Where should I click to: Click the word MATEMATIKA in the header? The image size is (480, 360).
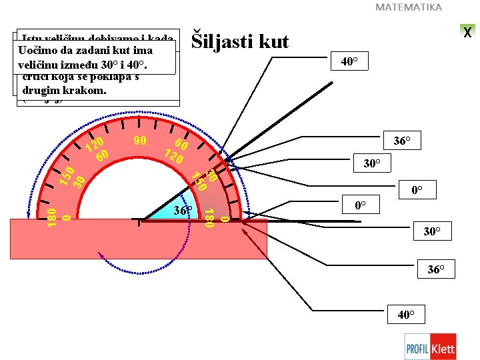coord(409,7)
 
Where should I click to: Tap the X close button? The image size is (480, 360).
coord(468,32)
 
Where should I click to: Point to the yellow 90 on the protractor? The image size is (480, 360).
coord(140,141)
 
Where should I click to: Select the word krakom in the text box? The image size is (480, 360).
coord(83,89)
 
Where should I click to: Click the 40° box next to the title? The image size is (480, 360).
coord(349,62)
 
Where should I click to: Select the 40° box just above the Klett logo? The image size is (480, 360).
coord(406,315)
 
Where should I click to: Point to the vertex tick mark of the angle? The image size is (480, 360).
coord(139,222)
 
